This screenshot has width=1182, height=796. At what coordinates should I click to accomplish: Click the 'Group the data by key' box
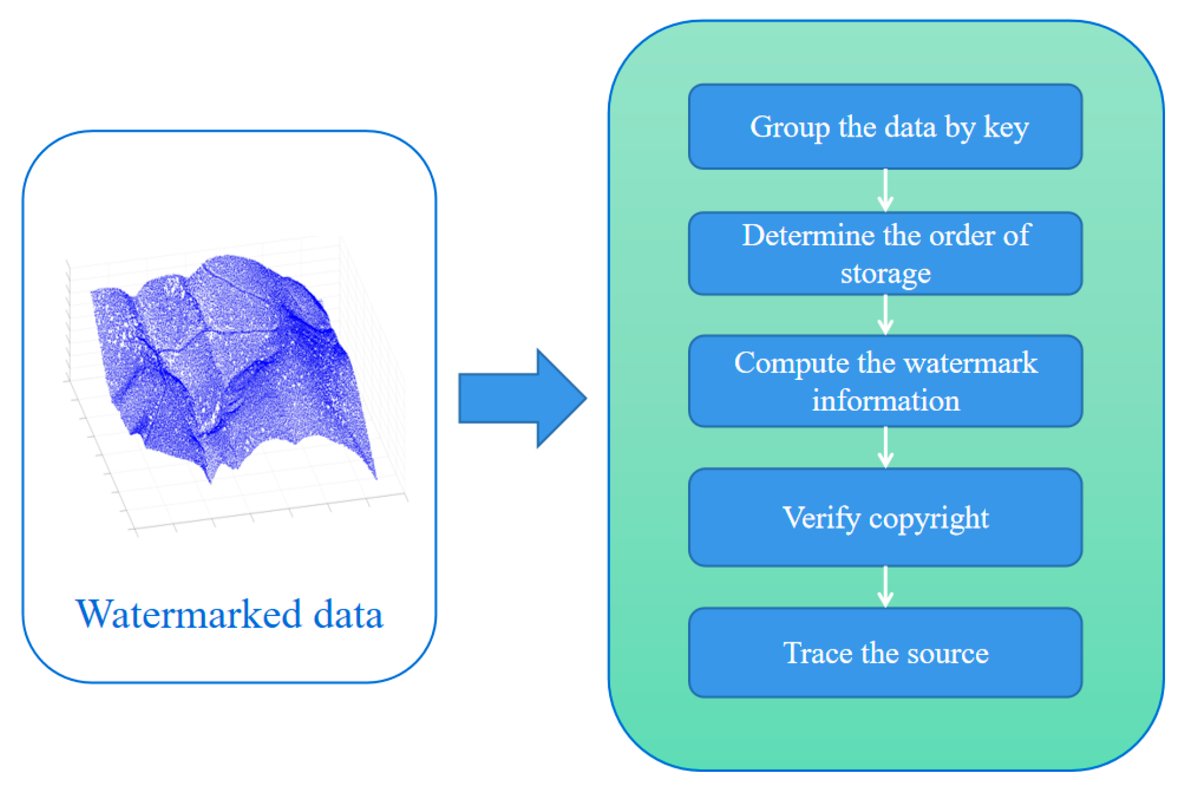click(x=885, y=126)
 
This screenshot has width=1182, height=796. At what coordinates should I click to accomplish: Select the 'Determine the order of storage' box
click(x=885, y=254)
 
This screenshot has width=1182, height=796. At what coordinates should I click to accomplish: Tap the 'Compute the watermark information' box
click(x=885, y=381)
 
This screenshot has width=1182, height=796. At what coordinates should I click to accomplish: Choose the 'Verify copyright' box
click(x=885, y=517)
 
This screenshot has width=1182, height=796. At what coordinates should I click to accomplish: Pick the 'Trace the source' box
click(x=885, y=652)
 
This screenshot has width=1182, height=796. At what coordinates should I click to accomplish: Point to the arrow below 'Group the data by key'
click(x=885, y=190)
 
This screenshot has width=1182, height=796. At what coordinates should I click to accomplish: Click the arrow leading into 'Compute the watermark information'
click(x=885, y=315)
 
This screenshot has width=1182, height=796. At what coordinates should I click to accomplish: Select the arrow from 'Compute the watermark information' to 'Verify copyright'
click(x=885, y=447)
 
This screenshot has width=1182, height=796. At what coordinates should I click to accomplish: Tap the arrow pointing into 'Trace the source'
click(x=885, y=587)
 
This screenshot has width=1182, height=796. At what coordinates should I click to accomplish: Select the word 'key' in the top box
click(x=1006, y=127)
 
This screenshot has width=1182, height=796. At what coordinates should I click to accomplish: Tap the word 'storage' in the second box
click(x=885, y=273)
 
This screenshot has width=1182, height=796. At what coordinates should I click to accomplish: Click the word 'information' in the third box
click(x=885, y=400)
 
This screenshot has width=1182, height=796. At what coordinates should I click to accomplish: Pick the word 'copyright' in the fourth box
click(x=928, y=518)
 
